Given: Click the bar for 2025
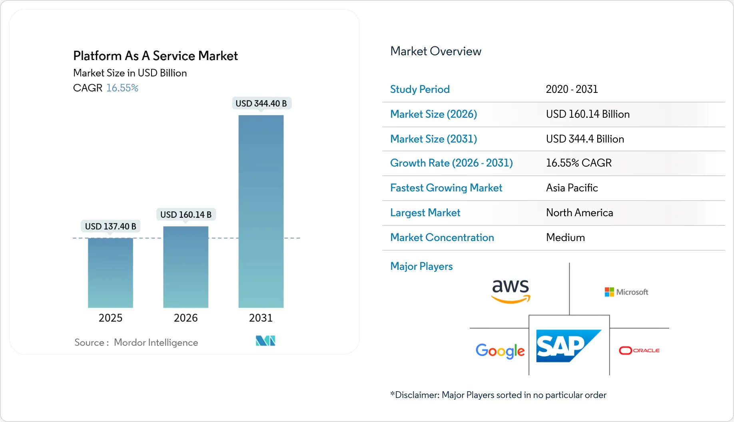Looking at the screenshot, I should tap(110, 273).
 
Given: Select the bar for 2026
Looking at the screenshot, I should tap(185, 267).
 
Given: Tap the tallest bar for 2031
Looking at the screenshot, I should tap(261, 211).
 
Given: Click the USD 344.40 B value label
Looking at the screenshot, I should tap(261, 103).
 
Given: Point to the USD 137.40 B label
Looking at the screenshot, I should tap(110, 226).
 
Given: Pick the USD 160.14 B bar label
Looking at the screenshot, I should tap(185, 215).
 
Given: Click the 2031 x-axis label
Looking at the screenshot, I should tap(261, 318).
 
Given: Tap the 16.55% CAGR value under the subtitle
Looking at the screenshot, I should tap(122, 88).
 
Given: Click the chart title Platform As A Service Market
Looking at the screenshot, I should tap(155, 56).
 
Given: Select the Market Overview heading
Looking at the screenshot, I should tap(435, 51).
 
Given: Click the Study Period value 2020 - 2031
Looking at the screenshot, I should tap(572, 89).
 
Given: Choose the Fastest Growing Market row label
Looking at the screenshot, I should tap(446, 188).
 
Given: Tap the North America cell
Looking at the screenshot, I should tap(579, 213).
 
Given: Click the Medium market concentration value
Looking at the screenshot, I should tap(565, 237).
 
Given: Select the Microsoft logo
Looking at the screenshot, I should tap(626, 292).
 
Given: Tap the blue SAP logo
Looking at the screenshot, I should tap(568, 346).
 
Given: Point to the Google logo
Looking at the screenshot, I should tap(500, 351).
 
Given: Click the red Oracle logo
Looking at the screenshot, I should tap(639, 350).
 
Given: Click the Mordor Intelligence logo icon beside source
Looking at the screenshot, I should tap(265, 341).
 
